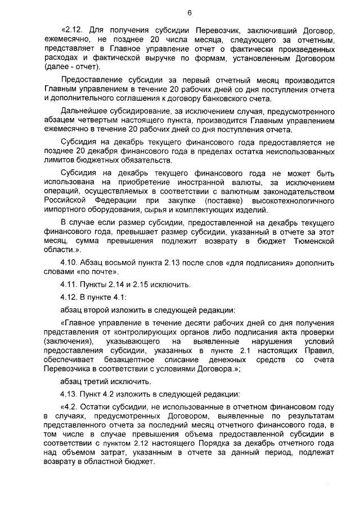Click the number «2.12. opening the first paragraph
pyautogui.click(x=71, y=29)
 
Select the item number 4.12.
pyautogui.click(x=70, y=296)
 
